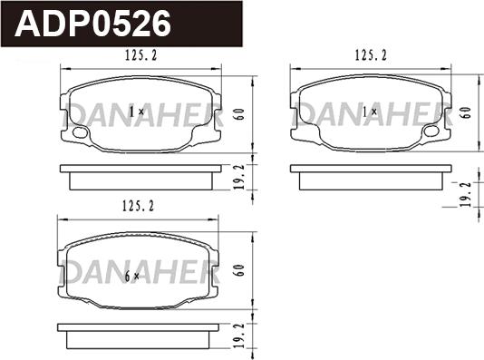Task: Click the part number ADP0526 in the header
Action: pyautogui.click(x=92, y=24)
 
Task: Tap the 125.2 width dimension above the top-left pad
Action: pyautogui.click(x=141, y=55)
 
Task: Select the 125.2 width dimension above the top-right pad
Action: pyautogui.click(x=371, y=55)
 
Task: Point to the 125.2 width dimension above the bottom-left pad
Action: pyautogui.click(x=138, y=206)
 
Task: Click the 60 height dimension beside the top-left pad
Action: pyautogui.click(x=240, y=114)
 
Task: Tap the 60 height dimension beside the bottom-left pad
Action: pyautogui.click(x=240, y=270)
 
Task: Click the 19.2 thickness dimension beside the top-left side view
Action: pyautogui.click(x=240, y=177)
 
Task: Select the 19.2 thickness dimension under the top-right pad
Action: pyautogui.click(x=466, y=194)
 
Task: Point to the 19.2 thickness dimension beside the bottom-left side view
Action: pyautogui.click(x=240, y=336)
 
